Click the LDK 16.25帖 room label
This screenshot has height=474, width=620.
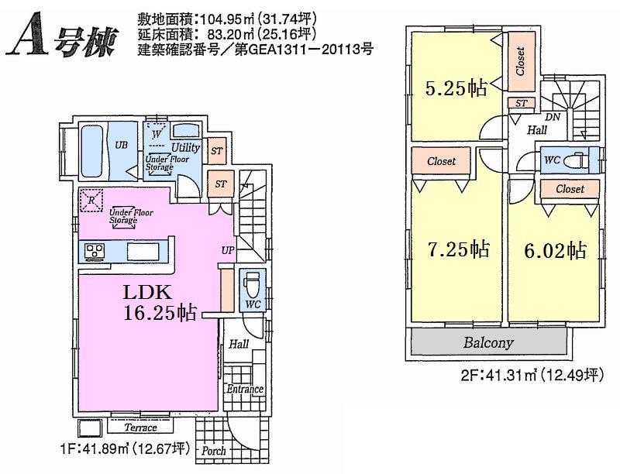[159, 302]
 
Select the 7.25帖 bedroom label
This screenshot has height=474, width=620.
[458, 249]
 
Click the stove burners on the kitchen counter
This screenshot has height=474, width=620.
[95, 251]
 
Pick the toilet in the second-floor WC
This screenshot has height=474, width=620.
[576, 160]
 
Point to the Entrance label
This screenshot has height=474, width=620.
[245, 389]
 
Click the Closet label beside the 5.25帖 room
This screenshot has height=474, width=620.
[519, 62]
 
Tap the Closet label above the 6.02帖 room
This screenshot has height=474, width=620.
[570, 189]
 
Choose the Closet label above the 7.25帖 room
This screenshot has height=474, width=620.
[441, 162]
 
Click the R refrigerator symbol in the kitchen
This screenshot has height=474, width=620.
[92, 200]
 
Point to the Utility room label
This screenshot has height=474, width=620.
[186, 147]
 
